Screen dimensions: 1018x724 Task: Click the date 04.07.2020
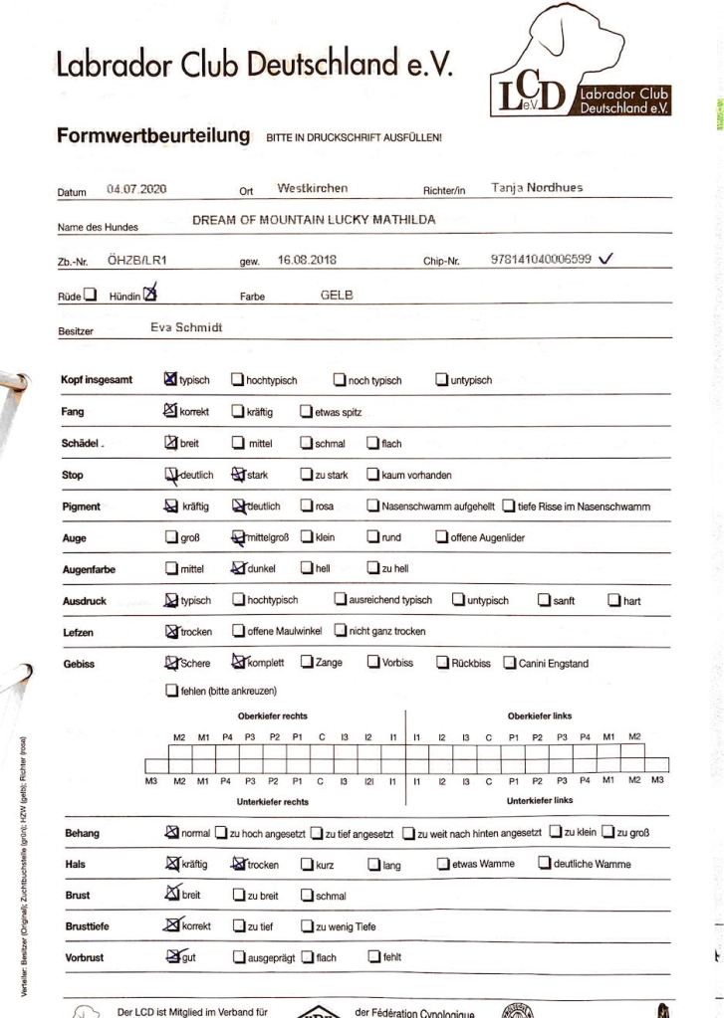coord(135,188)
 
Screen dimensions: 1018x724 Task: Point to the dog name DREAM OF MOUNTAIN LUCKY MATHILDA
coord(314,220)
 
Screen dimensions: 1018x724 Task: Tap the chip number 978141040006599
coord(541,259)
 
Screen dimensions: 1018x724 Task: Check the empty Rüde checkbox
coord(91,295)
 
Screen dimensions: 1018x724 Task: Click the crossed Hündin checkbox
coord(150,294)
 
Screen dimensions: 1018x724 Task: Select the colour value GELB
coord(337,296)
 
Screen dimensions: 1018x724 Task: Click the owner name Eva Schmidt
coord(186,326)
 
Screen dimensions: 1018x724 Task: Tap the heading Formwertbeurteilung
coord(152,136)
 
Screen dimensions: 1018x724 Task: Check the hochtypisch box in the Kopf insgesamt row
coord(238,379)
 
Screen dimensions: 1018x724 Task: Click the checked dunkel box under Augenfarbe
coord(238,568)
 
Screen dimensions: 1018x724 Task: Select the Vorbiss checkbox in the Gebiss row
coord(373,663)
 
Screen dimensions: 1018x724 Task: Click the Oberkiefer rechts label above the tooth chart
coord(272,715)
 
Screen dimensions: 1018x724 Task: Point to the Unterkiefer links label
coord(540,800)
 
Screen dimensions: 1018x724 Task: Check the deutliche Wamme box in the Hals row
coord(545,863)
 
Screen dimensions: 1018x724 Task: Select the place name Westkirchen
coord(312,188)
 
